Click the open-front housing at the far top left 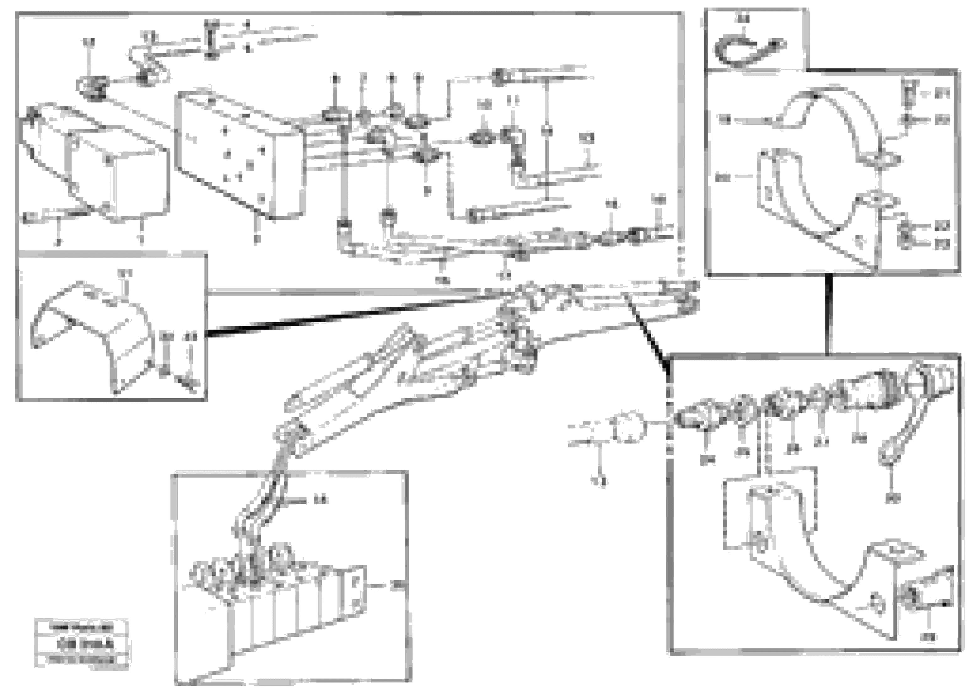[94, 162]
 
